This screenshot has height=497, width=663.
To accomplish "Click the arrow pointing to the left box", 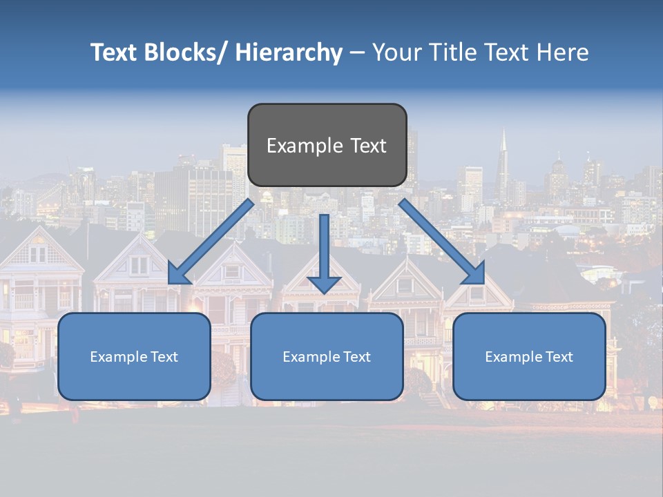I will coord(211,242).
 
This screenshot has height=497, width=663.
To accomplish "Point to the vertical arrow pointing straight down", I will coord(324,253).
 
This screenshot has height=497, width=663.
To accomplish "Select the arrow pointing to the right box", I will coord(442,242).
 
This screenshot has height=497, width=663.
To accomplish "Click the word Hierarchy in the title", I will coord(289,53).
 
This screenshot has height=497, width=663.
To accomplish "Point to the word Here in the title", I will coord(562,53).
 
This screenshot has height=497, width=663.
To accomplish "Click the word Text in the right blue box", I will coord(558,357).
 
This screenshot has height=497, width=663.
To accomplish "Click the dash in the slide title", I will coord(357,53).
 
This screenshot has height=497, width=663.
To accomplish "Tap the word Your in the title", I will coord(395,53).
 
